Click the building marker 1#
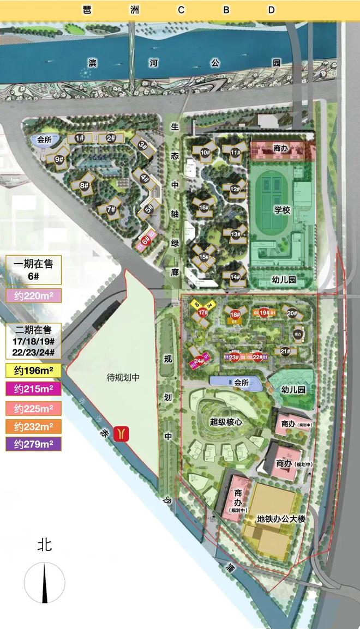[80, 138]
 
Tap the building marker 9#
[59, 160]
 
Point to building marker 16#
[204, 208]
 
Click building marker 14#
[235, 277]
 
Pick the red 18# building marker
[235, 314]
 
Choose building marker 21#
[285, 352]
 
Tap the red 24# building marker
[199, 360]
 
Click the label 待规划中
[124, 377]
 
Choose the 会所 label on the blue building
[241, 383]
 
